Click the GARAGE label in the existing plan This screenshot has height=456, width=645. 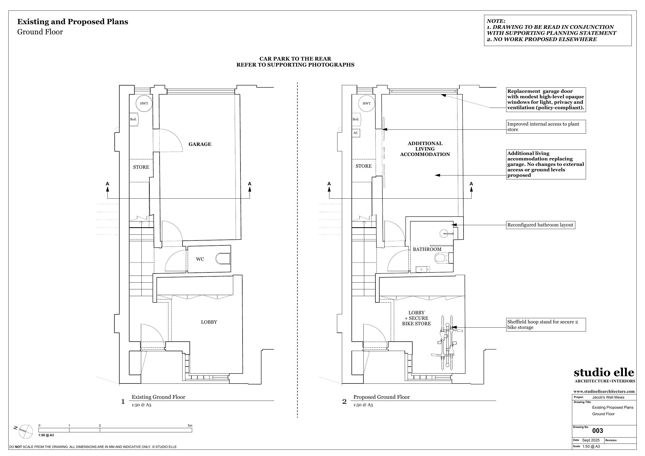pyautogui.click(x=200, y=144)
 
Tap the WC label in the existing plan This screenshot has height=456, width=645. pyautogui.click(x=200, y=259)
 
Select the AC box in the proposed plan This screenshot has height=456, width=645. pyautogui.click(x=356, y=133)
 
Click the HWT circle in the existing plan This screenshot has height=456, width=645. pyautogui.click(x=144, y=103)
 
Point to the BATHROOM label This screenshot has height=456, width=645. pyautogui.click(x=427, y=249)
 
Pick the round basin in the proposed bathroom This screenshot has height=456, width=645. pyautogui.click(x=444, y=233)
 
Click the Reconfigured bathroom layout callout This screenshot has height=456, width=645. pyautogui.click(x=540, y=225)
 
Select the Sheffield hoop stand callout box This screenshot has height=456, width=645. pyautogui.click(x=545, y=324)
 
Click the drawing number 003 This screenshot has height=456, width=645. pyautogui.click(x=597, y=431)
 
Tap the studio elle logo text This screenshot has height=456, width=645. pyautogui.click(x=604, y=372)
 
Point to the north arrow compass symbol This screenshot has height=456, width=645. pyautogui.click(x=25, y=431)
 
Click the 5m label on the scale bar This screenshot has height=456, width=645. pyautogui.click(x=190, y=425)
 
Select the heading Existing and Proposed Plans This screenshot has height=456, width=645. pyautogui.click(x=73, y=22)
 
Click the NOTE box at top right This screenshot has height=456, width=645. pyautogui.click(x=558, y=30)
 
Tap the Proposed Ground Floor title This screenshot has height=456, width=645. pyautogui.click(x=381, y=397)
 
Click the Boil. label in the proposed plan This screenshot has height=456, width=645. pyautogui.click(x=356, y=119)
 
